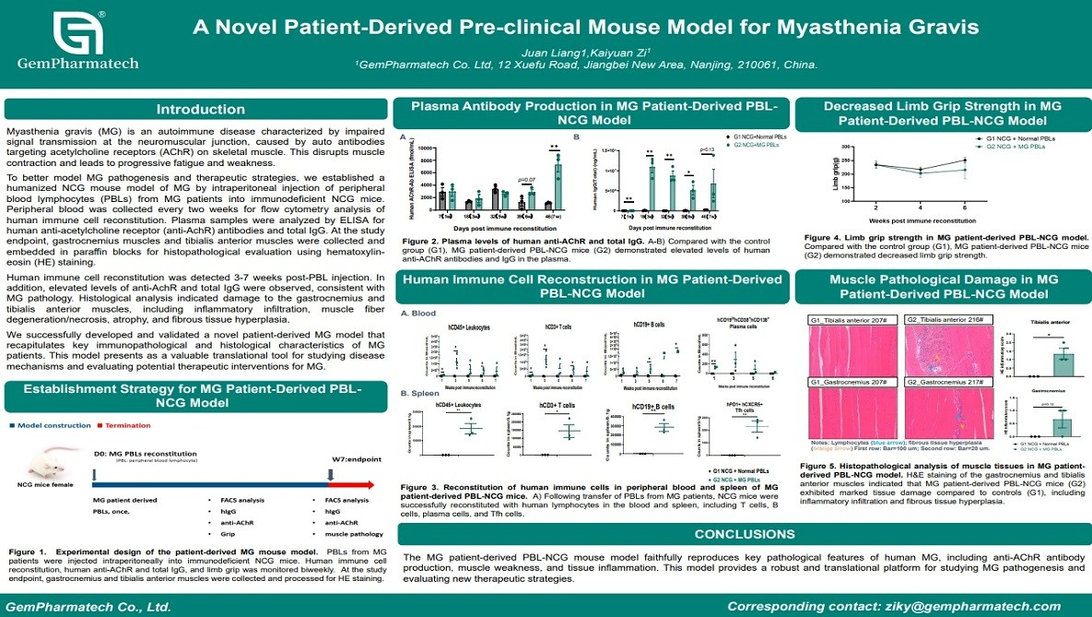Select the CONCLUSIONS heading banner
coord(744,534)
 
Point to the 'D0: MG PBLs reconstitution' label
coord(145,454)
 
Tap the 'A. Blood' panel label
coord(418,313)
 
